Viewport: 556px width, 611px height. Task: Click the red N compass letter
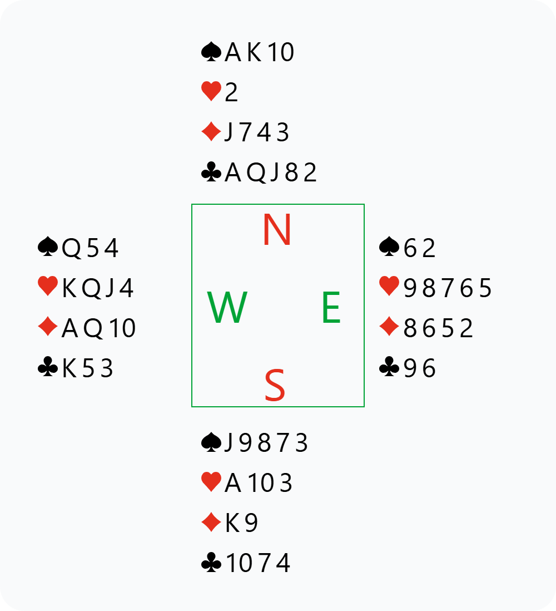(x=277, y=229)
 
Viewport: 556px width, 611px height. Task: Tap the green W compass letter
(x=227, y=308)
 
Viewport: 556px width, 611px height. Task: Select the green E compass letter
(x=331, y=308)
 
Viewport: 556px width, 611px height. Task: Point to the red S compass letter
(x=275, y=386)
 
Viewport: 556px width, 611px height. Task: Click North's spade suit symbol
(x=211, y=52)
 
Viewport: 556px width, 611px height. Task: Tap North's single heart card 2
(x=231, y=93)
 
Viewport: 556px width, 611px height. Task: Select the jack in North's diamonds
(x=229, y=132)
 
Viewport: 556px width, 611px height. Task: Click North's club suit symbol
(x=211, y=173)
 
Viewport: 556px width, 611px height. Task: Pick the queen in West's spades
(x=72, y=248)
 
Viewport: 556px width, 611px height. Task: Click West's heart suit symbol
(x=48, y=287)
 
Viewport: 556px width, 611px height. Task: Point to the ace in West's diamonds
(x=70, y=328)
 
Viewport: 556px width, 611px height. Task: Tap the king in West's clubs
(x=69, y=368)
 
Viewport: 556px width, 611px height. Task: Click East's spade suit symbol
(x=389, y=247)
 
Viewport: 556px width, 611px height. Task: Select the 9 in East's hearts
(x=410, y=288)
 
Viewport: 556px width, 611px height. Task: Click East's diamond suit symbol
(x=389, y=327)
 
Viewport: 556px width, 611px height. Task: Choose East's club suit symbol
(x=389, y=367)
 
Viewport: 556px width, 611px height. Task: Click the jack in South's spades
(x=229, y=443)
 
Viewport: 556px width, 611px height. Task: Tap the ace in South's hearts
(x=233, y=483)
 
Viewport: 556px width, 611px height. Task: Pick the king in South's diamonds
(x=232, y=523)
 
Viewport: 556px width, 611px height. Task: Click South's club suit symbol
(x=211, y=562)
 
